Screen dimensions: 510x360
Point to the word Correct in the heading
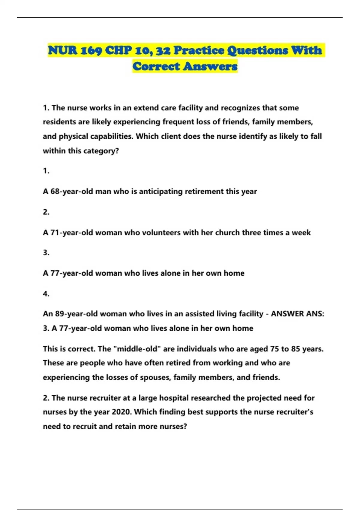tap(156, 66)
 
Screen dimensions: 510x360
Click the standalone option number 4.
tap(46, 294)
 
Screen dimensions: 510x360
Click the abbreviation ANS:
tap(315, 314)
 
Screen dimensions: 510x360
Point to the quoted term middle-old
tap(136, 349)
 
